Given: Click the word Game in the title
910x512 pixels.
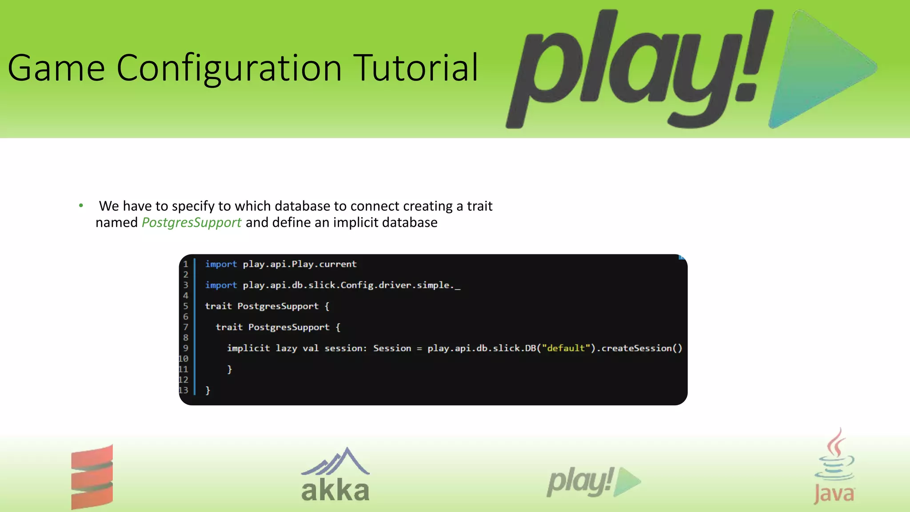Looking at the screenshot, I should [56, 68].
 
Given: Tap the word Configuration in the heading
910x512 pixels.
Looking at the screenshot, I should [229, 68].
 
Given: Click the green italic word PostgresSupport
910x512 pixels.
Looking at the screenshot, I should [192, 223].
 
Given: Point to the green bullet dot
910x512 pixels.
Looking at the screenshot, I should [81, 205].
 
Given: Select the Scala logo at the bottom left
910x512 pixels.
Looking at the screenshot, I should [92, 476].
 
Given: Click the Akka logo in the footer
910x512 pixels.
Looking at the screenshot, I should [335, 476].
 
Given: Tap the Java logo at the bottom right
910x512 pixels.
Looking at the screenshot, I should [834, 467].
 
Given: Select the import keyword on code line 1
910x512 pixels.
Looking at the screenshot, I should [221, 264].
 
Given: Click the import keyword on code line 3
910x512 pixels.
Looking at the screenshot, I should [221, 285].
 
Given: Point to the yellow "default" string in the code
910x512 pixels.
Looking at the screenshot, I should [566, 348].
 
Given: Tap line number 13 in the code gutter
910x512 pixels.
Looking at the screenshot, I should [184, 390].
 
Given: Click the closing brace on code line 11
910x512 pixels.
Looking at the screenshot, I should [230, 369].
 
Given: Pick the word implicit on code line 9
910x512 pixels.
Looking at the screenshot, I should [248, 348].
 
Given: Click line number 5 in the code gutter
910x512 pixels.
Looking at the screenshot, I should [186, 306].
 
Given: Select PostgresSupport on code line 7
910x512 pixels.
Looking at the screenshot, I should [289, 328].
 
